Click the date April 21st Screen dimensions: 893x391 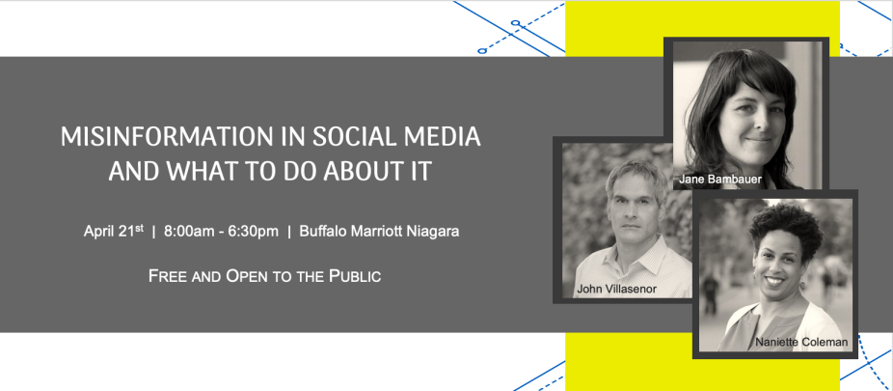pos(114,231)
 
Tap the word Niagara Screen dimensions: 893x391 pos(432,232)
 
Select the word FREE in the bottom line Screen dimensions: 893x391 pos(165,276)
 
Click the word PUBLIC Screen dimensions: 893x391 pos(356,276)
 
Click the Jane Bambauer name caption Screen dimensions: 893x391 pos(720,180)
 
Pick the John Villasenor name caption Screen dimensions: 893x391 pos(617,289)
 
